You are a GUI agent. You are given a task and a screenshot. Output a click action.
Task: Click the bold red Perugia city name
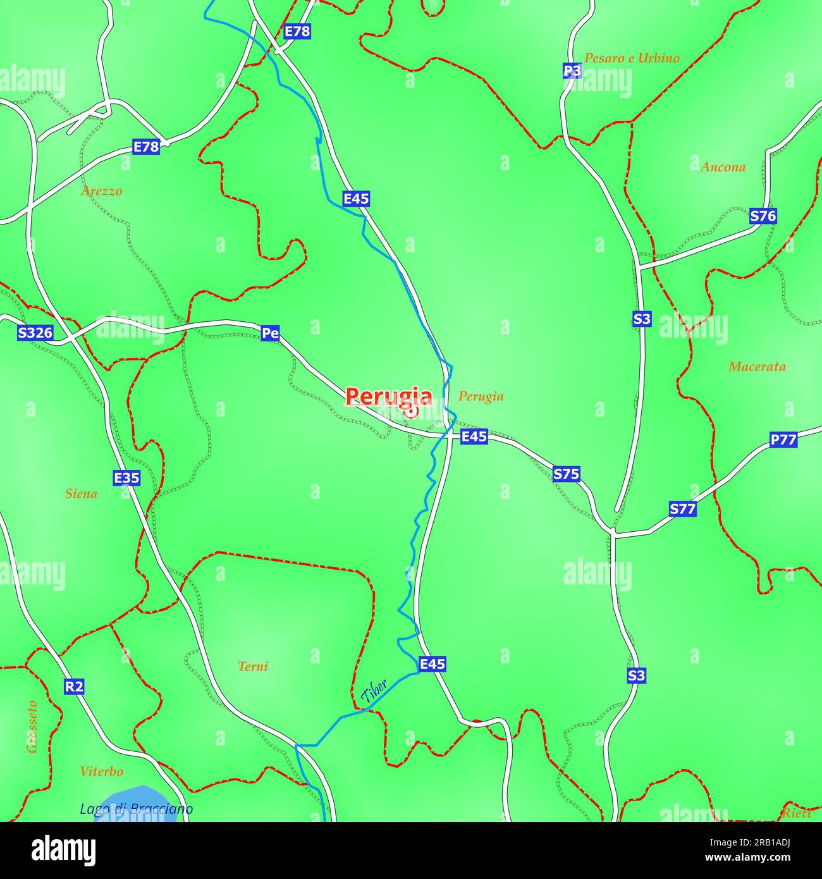[x=389, y=396]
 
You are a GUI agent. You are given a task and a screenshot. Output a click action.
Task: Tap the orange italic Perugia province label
[x=481, y=396]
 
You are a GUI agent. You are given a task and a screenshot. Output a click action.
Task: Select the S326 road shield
[x=35, y=333]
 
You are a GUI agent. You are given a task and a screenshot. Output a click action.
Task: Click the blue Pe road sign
[x=270, y=333]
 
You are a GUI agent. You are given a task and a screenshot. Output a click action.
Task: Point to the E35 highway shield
[x=126, y=478]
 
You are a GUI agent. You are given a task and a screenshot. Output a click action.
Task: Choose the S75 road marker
[x=566, y=474]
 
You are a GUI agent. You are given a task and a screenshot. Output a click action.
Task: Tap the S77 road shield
[x=682, y=509]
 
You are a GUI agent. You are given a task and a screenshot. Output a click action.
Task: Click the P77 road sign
[x=783, y=439]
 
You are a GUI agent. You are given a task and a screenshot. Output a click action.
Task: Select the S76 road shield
[x=763, y=216]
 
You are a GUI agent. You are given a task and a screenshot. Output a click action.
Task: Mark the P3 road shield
[x=572, y=71]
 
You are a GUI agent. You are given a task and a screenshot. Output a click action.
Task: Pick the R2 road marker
[x=74, y=686]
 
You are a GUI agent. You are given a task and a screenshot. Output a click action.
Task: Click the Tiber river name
[x=374, y=692]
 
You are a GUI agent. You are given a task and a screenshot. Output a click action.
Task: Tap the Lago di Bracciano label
[x=136, y=809]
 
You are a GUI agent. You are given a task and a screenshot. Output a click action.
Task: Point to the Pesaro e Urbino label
[x=631, y=58]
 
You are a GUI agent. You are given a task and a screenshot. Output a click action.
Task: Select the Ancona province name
[x=723, y=167]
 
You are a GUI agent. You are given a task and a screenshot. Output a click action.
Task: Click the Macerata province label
[x=757, y=367]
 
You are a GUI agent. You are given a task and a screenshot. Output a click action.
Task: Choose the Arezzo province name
[x=101, y=191]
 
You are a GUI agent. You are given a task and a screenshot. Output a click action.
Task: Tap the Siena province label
[x=82, y=494]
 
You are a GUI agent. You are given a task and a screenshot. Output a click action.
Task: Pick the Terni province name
[x=253, y=666]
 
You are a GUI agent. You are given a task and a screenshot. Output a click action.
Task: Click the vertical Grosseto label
[x=32, y=727]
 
